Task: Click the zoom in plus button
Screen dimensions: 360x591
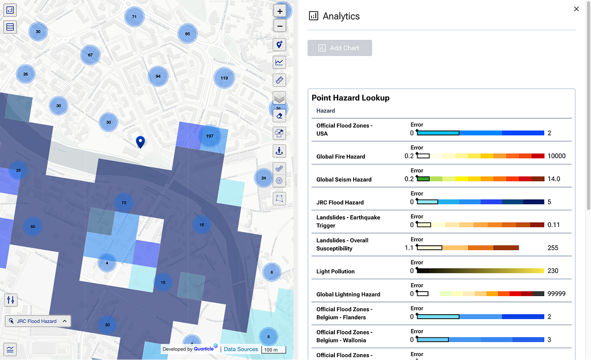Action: click(280, 11)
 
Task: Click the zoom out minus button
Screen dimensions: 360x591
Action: click(280, 26)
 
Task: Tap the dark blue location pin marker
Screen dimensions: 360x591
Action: click(140, 142)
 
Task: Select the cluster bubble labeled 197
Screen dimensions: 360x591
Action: click(210, 136)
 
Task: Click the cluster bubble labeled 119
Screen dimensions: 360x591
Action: click(224, 78)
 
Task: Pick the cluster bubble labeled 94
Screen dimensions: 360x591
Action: click(158, 76)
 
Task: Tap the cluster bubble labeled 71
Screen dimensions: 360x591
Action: click(134, 17)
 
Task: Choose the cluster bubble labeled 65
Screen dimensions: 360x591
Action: click(188, 34)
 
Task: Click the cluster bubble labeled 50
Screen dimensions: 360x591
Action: click(33, 227)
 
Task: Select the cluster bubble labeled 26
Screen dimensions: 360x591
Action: click(26, 74)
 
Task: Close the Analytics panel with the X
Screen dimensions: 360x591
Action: click(576, 9)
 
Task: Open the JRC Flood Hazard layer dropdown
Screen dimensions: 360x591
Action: click(38, 321)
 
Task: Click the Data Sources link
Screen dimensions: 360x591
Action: click(241, 349)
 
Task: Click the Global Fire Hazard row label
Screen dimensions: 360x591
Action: click(341, 157)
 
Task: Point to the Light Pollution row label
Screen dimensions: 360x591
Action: click(335, 271)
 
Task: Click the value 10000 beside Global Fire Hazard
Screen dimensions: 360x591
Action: click(557, 156)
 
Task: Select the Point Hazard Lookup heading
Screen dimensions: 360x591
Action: click(351, 98)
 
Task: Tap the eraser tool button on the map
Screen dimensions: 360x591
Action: click(279, 116)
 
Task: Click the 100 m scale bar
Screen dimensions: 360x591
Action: click(273, 350)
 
